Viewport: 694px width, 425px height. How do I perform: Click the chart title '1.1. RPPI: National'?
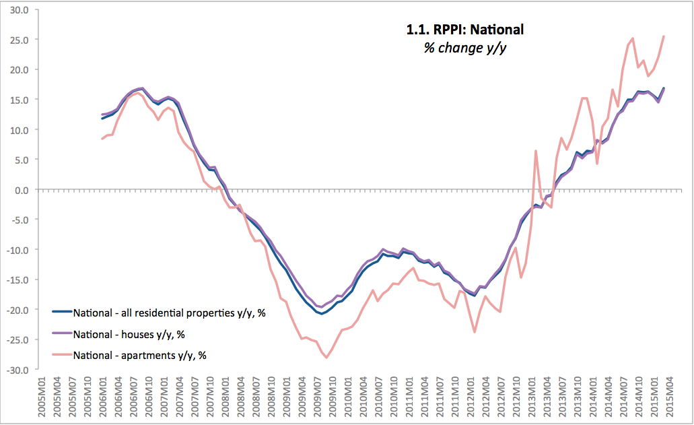[x=461, y=29]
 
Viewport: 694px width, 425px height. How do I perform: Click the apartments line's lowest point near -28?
[x=326, y=358]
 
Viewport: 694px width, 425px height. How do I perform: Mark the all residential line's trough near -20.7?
[x=322, y=314]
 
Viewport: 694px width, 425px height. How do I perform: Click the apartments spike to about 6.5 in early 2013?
[x=536, y=151]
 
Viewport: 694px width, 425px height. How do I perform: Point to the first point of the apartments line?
[x=102, y=139]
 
